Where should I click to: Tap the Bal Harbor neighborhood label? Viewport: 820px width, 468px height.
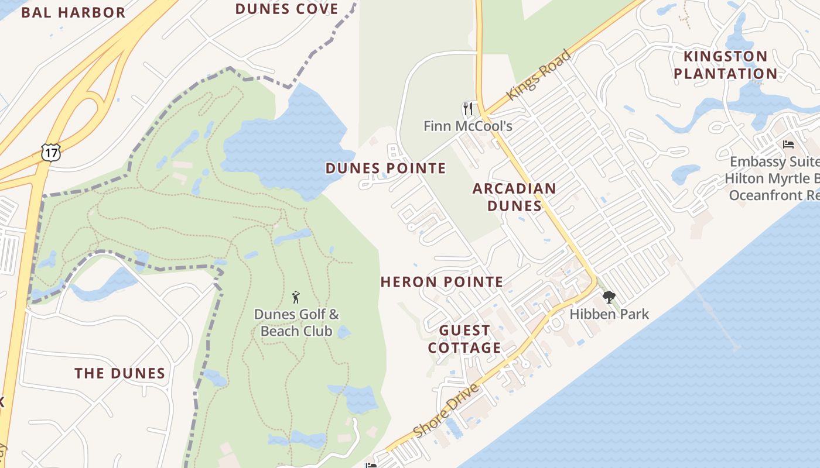[x=73, y=12]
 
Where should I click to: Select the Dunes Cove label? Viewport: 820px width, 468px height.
[x=286, y=9]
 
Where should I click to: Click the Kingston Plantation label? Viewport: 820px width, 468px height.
[x=725, y=65]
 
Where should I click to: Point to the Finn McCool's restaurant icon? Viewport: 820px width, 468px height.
[x=467, y=109]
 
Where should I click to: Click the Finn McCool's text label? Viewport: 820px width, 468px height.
[x=467, y=126]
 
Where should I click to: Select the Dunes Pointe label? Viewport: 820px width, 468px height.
[x=385, y=168]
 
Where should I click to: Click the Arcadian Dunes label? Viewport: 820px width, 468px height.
[x=514, y=197]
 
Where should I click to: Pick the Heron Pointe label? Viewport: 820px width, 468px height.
[x=442, y=282]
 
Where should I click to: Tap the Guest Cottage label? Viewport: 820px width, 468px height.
[x=464, y=339]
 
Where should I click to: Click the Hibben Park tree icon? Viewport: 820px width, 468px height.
[x=609, y=297]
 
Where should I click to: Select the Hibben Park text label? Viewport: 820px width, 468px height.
[x=609, y=314]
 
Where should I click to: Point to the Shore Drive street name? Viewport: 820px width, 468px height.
[x=446, y=410]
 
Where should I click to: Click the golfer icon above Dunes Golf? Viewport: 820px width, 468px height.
[x=296, y=297]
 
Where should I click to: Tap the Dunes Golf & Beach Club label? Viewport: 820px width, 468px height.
[x=296, y=323]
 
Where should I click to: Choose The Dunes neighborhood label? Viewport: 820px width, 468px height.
[x=119, y=373]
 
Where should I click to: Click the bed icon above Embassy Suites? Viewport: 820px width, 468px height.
[x=788, y=144]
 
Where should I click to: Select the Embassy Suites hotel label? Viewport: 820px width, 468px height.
[x=773, y=178]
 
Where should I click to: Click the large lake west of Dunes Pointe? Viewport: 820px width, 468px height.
[x=281, y=143]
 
